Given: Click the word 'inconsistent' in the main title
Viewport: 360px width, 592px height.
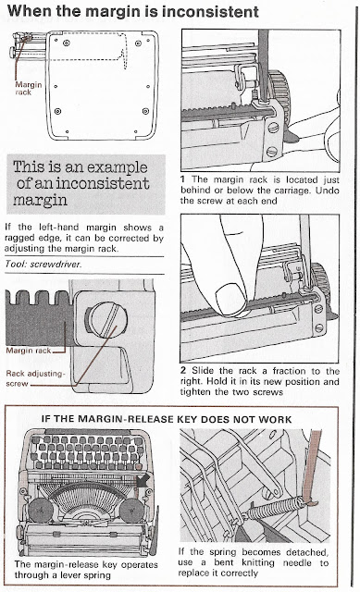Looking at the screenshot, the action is (210, 11).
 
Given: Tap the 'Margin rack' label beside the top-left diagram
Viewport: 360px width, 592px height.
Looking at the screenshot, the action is (28, 89).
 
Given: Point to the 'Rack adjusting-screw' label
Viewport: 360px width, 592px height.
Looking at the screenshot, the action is (35, 378).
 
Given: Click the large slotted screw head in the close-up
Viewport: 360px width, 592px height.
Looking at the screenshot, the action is (107, 320).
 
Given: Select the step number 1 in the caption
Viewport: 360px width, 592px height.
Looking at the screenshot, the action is (183, 179).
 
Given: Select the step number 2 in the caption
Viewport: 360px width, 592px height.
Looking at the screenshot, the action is (183, 370).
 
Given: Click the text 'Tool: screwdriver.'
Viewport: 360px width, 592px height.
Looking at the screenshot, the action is (43, 265).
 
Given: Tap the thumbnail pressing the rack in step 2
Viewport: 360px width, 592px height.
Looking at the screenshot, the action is (231, 300).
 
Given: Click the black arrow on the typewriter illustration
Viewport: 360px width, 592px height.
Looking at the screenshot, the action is (143, 481).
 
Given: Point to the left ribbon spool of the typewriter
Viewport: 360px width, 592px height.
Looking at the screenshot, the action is (41, 511).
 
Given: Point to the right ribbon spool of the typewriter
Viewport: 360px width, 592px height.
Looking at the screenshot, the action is (131, 511).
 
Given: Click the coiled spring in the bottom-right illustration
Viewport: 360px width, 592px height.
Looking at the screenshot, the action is (276, 508).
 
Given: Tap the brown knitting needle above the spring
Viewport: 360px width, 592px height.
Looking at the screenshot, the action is (312, 467).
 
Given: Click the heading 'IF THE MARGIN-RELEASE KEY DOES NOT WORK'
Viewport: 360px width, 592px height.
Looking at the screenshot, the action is (167, 419).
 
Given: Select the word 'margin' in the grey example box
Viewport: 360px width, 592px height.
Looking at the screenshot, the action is (40, 200).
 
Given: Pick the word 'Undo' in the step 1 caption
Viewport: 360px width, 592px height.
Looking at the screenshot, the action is (328, 190).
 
